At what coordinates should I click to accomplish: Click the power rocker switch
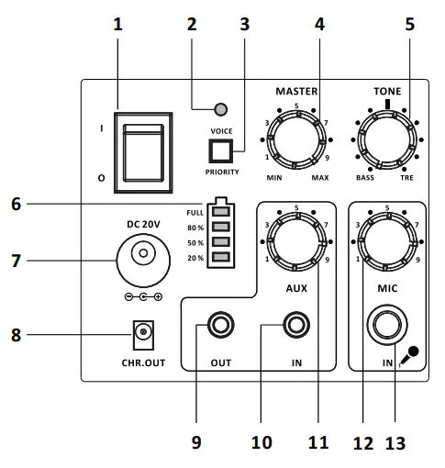pos(143,152)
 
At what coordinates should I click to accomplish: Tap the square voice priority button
pos(220,150)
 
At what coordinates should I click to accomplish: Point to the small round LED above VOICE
pos(221,109)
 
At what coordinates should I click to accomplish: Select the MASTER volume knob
pos(296,139)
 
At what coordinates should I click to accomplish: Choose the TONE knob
pos(387,139)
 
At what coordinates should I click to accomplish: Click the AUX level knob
pos(296,241)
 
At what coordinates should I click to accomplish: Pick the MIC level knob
pos(387,241)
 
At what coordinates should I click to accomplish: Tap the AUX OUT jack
pos(220,325)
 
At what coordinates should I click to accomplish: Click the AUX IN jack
pos(296,325)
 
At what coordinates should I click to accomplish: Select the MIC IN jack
pos(387,325)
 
